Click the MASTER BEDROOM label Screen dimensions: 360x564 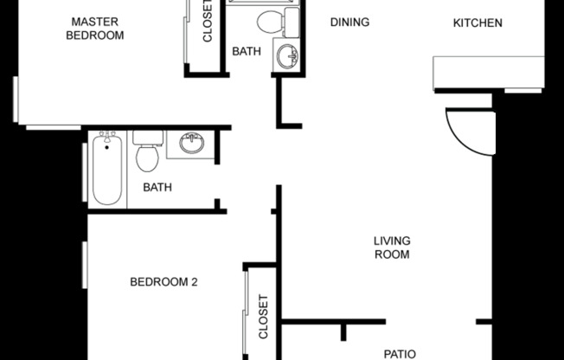[97, 29]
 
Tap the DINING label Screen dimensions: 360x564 [349, 22]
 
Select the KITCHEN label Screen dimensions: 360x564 [477, 22]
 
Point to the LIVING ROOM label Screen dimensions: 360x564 [391, 247]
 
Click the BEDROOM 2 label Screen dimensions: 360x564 [164, 281]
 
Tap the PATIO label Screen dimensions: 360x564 [400, 353]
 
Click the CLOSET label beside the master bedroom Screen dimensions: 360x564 [208, 22]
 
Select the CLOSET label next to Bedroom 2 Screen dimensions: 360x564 [264, 318]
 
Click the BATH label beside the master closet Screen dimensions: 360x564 [247, 51]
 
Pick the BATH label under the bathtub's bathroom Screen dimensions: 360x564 [157, 187]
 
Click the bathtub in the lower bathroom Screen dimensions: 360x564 [107, 170]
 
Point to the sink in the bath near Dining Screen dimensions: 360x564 [287, 54]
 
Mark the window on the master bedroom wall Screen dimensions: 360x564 [16, 99]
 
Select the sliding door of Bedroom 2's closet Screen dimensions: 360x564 [246, 320]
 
